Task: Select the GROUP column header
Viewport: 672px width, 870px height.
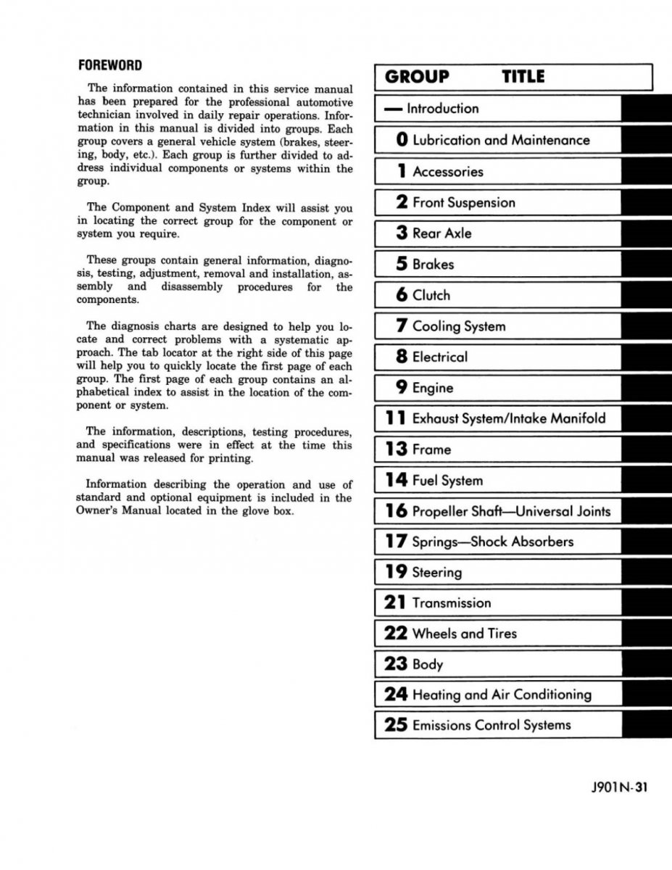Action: [x=417, y=77]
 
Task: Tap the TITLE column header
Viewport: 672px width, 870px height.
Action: [x=523, y=77]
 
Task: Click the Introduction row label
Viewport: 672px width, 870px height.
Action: [x=443, y=109]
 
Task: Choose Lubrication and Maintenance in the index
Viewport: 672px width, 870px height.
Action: [x=501, y=140]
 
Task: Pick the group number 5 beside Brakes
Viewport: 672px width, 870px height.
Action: [x=402, y=264]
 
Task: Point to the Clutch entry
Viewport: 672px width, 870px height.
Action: [x=431, y=295]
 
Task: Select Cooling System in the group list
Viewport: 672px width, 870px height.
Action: [x=459, y=326]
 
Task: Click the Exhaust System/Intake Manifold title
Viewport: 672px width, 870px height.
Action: [x=508, y=418]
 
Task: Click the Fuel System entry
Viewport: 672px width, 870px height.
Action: [x=447, y=480]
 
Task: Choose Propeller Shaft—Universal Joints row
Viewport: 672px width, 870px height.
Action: [x=511, y=511]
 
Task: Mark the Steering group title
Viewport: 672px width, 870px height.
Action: [x=436, y=573]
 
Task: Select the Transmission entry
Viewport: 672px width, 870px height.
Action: [x=451, y=603]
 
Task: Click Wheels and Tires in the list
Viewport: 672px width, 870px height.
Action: [x=465, y=634]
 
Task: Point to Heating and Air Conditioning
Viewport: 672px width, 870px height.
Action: [x=502, y=695]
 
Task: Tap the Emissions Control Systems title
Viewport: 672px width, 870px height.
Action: [x=491, y=725]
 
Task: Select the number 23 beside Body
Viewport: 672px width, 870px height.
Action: [x=397, y=664]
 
